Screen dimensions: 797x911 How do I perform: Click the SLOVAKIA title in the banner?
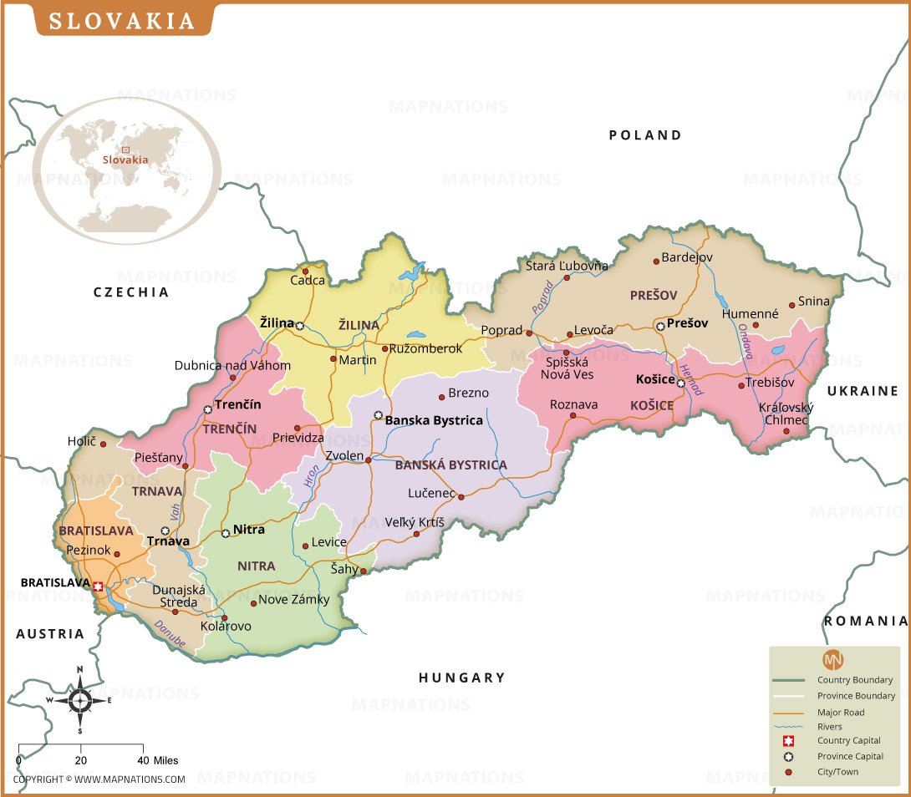point(121,21)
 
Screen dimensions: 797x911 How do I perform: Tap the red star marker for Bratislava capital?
point(99,587)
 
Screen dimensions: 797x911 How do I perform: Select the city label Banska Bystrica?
point(433,420)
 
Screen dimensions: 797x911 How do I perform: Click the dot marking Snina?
point(791,306)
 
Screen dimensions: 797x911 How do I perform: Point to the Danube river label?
point(170,634)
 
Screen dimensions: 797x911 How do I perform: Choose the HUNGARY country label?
point(461,678)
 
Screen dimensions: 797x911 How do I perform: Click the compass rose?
point(80,701)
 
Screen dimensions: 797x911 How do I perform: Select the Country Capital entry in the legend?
point(849,741)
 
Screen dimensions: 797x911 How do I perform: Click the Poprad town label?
point(501,330)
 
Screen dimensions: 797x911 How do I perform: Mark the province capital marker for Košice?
point(680,383)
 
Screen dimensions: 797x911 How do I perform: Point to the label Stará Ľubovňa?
point(567,266)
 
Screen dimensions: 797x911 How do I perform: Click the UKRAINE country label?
point(863,391)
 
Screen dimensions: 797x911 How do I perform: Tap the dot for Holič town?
point(103,443)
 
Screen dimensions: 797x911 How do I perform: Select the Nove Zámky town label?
point(294,600)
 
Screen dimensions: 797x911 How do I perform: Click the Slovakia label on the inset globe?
point(125,160)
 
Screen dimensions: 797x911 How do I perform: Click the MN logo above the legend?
point(833,659)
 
